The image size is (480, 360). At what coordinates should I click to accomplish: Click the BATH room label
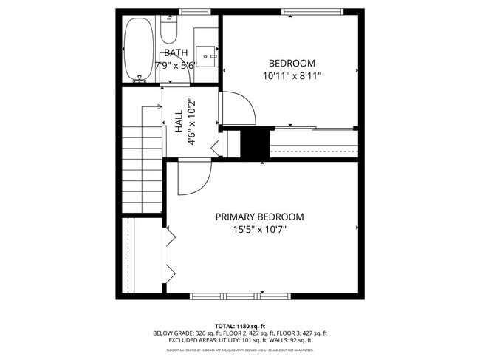(x=176, y=52)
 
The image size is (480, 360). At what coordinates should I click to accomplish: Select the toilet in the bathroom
(x=169, y=30)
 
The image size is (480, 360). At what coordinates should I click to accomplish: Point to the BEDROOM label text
(x=292, y=63)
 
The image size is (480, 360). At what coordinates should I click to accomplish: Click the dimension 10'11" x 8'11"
(x=292, y=75)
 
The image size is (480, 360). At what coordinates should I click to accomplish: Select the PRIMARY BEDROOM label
(x=259, y=217)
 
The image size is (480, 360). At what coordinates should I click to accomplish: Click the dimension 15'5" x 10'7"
(x=259, y=229)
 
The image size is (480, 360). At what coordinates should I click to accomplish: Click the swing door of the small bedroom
(x=238, y=109)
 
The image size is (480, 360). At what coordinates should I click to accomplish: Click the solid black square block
(x=256, y=143)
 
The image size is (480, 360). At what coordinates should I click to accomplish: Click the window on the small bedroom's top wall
(x=312, y=11)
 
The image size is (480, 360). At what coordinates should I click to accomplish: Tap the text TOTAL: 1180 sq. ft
(x=240, y=326)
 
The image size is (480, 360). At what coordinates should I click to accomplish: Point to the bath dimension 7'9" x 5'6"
(x=175, y=65)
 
